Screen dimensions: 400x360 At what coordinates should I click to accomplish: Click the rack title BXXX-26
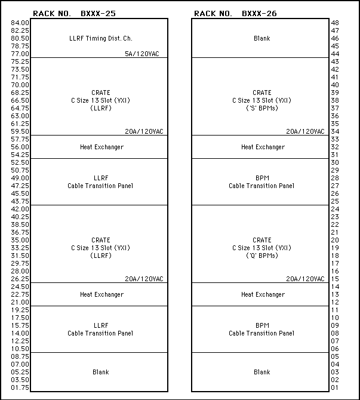tap(259, 13)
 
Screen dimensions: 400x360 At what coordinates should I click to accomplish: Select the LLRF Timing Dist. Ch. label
tap(100, 38)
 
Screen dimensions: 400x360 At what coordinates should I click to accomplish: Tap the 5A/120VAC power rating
tap(142, 54)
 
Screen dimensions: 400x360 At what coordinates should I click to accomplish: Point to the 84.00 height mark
tap(20, 23)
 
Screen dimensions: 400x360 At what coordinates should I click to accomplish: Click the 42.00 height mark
tap(20, 209)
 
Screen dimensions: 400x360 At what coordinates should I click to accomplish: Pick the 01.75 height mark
tap(20, 387)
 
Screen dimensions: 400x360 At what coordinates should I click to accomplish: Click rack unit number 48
tap(335, 23)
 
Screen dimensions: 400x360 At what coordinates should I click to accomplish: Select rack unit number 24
tap(335, 209)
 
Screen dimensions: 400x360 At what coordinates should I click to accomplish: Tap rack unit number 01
tap(335, 387)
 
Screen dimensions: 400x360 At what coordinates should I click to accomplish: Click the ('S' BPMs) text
tap(261, 108)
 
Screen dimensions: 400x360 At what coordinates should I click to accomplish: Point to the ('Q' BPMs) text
tap(261, 256)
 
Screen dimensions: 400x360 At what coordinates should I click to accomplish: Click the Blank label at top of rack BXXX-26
tap(261, 38)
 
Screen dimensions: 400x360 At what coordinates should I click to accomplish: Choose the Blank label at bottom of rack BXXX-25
tap(100, 372)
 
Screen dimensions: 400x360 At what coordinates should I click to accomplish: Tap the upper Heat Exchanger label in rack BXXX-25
tap(101, 147)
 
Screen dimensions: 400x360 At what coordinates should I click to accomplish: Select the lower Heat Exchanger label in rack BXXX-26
tap(262, 294)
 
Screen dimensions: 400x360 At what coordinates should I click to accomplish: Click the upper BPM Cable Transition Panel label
tap(261, 182)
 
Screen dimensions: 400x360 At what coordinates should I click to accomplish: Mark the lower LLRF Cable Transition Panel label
tap(100, 330)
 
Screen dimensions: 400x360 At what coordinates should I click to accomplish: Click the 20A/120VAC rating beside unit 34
tap(305, 131)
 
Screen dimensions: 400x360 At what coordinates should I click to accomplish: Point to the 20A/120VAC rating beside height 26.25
tap(144, 279)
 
